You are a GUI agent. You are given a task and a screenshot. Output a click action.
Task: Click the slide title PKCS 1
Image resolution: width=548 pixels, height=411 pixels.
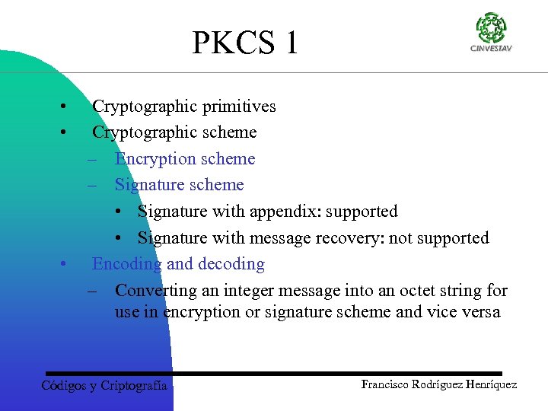coord(245,43)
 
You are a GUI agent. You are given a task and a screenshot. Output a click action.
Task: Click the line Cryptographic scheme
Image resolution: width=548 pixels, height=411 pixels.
coord(174,132)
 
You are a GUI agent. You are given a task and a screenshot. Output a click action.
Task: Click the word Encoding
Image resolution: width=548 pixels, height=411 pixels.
coord(126,264)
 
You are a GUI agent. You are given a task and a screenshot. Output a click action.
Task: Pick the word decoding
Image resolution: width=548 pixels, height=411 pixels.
coord(231,264)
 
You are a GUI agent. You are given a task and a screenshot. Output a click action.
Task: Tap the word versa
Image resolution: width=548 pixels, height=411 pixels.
coord(480,312)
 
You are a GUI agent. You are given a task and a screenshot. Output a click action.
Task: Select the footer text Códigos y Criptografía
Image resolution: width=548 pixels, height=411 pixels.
coord(104,385)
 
